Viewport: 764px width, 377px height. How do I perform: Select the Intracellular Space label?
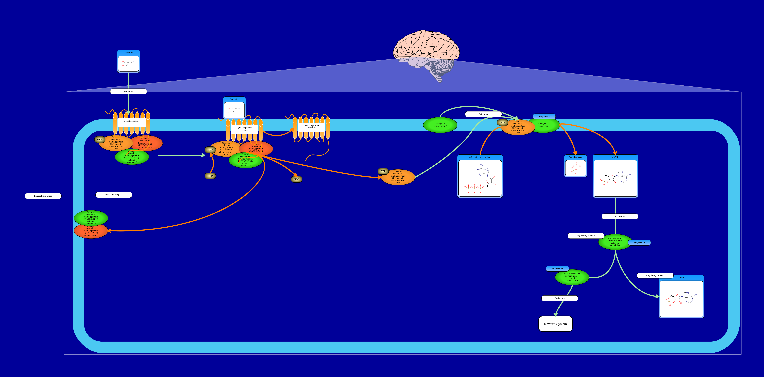[114, 195]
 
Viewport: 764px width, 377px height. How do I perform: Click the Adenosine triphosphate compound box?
[480, 176]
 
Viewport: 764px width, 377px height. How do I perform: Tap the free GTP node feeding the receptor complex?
[210, 176]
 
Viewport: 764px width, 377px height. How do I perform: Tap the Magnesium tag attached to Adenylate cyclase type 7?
[544, 116]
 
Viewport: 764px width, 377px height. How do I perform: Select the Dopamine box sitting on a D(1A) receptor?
[234, 108]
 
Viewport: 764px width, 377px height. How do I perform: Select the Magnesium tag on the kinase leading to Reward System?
[557, 269]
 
